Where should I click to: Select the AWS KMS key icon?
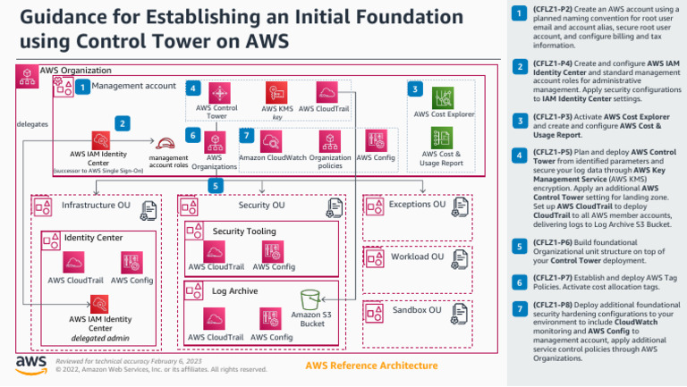(276, 92)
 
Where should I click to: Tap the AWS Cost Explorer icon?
(442, 97)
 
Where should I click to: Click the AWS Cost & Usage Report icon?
(442, 138)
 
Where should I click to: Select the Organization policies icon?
(330, 139)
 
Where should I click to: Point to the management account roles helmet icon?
(166, 144)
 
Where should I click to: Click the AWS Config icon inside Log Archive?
(271, 317)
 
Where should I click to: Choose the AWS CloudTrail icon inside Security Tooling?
(214, 248)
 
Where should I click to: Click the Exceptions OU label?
(419, 205)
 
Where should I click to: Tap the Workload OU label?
(417, 257)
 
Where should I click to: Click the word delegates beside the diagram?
(32, 124)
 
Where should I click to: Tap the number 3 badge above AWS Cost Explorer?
(414, 88)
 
